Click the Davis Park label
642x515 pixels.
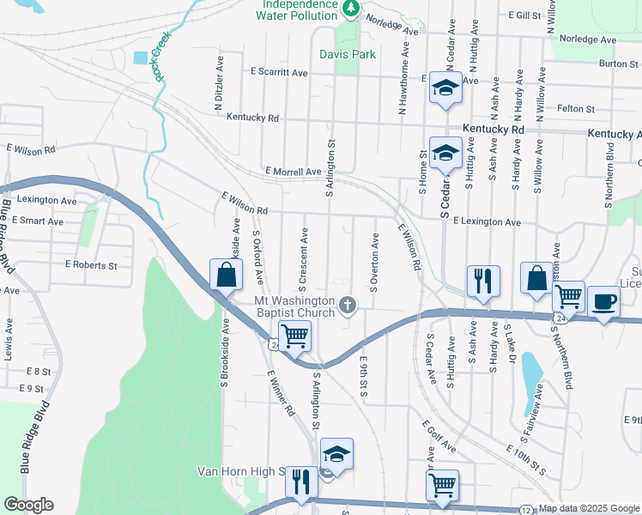(x=348, y=54)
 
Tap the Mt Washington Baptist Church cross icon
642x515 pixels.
(x=347, y=304)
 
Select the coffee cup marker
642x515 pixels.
(x=603, y=301)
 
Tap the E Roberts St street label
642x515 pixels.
(x=91, y=265)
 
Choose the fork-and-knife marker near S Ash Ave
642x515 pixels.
(x=482, y=281)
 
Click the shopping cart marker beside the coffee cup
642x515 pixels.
(x=568, y=296)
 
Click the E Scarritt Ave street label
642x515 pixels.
(x=279, y=74)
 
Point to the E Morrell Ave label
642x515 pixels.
(x=293, y=172)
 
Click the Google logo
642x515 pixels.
(x=28, y=505)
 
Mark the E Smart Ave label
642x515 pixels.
(x=38, y=221)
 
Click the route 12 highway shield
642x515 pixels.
(x=525, y=509)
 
